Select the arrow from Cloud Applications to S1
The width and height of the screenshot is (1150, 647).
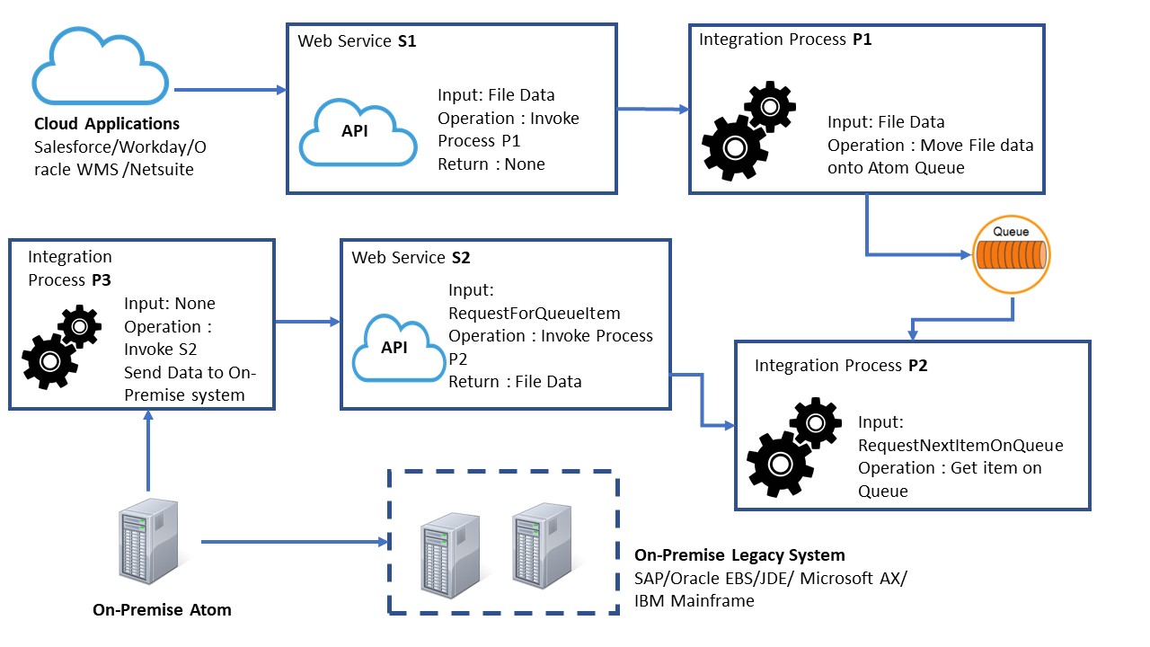pyautogui.click(x=229, y=90)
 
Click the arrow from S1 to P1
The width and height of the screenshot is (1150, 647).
pyautogui.click(x=653, y=110)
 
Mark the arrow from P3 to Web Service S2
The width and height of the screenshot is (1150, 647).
pyautogui.click(x=306, y=321)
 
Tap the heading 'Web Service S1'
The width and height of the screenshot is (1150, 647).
pyautogui.click(x=357, y=40)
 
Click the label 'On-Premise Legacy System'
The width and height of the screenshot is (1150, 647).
pyautogui.click(x=739, y=555)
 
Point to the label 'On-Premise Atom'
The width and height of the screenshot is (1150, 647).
pyautogui.click(x=162, y=610)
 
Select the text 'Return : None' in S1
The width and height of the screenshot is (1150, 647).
pyautogui.click(x=491, y=164)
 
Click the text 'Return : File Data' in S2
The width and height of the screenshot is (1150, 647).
pyautogui.click(x=515, y=382)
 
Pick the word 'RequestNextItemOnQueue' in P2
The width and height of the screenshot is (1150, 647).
pyautogui.click(x=960, y=445)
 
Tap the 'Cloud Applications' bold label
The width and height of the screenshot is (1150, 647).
pyautogui.click(x=107, y=124)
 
